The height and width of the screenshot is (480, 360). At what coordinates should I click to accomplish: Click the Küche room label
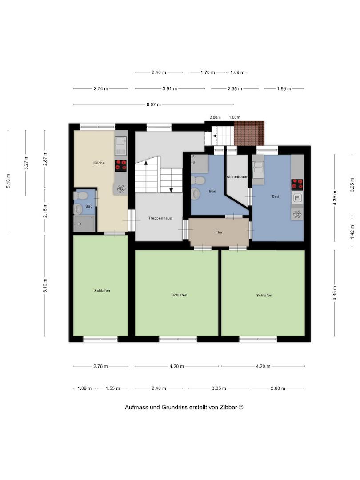[x=99, y=163]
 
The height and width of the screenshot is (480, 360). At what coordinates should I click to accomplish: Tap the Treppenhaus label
[x=160, y=218]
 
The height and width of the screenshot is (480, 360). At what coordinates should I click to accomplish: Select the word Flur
[x=219, y=232]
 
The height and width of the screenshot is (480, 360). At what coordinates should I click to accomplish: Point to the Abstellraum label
[x=237, y=177]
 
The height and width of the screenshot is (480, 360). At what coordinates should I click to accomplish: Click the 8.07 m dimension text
[x=154, y=104]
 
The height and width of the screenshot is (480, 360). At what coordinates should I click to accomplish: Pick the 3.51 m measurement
[x=170, y=89]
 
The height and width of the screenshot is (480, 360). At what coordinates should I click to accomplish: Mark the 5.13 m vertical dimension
[x=8, y=181]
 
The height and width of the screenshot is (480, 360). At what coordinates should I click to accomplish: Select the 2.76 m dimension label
[x=101, y=366]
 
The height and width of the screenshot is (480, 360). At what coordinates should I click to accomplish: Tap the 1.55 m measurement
[x=112, y=388]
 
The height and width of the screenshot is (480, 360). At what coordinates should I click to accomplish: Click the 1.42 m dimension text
[x=352, y=232]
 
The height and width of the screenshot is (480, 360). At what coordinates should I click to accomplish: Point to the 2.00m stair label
[x=215, y=117]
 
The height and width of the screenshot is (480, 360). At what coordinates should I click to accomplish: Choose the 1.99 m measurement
[x=284, y=89]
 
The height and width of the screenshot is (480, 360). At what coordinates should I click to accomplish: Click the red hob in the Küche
[x=121, y=166]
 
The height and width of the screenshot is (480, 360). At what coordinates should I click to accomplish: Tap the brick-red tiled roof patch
[x=249, y=133]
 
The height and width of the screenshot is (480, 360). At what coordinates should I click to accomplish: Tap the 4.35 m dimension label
[x=335, y=293]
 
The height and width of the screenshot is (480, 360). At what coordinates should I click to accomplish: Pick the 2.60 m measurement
[x=278, y=388]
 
